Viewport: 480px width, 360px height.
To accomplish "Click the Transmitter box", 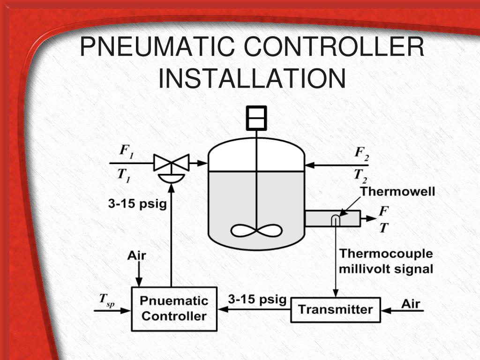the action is pos(335,309).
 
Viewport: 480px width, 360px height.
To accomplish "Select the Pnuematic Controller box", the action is pos(174,308).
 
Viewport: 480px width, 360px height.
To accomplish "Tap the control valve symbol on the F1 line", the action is pos(172,164).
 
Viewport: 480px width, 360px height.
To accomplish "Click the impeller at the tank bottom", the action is pos(256,232).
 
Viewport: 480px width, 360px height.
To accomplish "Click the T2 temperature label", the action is pos(360,175).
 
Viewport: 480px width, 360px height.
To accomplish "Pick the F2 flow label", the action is pos(361,152).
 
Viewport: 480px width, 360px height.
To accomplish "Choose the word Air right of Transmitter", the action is pos(411,304).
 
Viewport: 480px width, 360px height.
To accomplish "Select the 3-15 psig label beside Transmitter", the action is pos(257,299).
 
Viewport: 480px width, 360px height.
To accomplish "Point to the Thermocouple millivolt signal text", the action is pos(386,262).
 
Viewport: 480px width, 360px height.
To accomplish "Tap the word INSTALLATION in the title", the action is pos(252,78).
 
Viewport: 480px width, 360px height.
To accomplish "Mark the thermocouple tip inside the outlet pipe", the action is pos(336,218).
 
